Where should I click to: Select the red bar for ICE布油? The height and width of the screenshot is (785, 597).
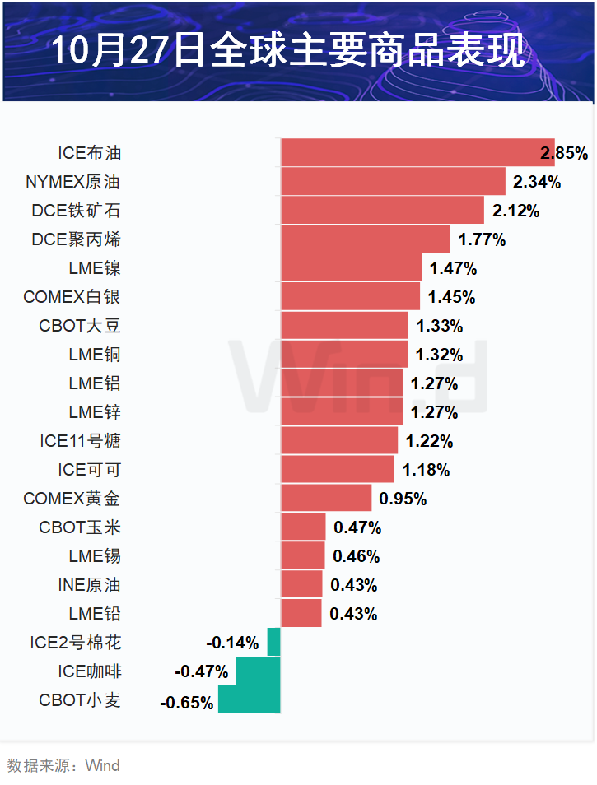click(x=417, y=153)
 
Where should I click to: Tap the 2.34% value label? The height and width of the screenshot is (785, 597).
click(x=537, y=182)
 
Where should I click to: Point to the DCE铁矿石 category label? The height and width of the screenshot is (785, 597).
click(x=76, y=211)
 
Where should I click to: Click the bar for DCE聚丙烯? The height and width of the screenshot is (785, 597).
click(x=366, y=239)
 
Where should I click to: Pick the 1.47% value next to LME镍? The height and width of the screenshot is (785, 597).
click(x=453, y=268)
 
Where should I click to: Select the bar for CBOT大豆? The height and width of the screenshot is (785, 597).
click(x=344, y=326)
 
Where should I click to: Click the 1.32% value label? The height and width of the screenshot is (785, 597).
click(x=439, y=355)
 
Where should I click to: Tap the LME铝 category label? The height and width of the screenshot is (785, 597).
click(x=95, y=383)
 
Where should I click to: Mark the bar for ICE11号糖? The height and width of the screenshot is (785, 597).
click(x=339, y=441)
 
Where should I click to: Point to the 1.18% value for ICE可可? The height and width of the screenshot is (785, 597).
click(x=426, y=470)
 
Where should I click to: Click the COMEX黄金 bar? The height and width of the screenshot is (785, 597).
click(x=326, y=499)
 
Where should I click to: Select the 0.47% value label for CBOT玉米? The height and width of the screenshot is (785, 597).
click(x=357, y=527)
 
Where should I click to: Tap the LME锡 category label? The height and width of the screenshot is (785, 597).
click(x=95, y=556)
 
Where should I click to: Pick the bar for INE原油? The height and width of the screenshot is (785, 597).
click(x=301, y=585)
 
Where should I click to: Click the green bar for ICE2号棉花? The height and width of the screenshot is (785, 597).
click(x=273, y=643)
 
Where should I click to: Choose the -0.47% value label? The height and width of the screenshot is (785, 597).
click(x=202, y=671)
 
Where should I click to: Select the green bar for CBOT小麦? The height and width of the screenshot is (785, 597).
click(x=249, y=699)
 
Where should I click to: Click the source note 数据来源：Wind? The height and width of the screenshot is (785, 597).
click(x=63, y=766)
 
